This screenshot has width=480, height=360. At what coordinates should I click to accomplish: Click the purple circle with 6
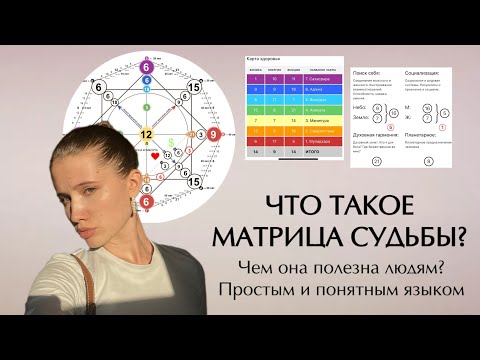pyautogui.click(x=146, y=68)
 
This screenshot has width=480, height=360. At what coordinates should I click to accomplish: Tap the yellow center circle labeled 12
pyautogui.click(x=146, y=133)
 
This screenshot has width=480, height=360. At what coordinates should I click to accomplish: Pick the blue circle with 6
pyautogui.click(x=146, y=83)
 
